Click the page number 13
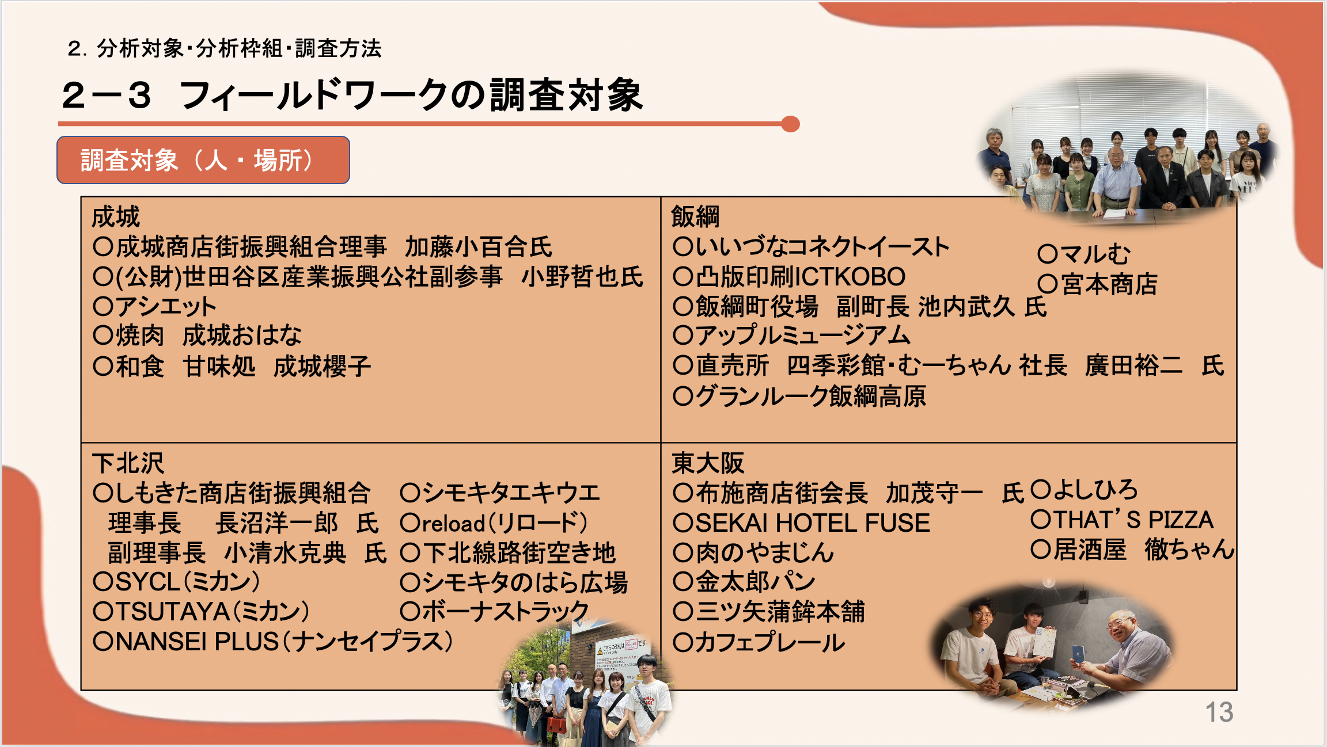point(1219,712)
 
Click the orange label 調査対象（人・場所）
point(203,160)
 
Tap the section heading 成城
point(116,217)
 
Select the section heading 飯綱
point(695,217)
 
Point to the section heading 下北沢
point(128,463)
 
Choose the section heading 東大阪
point(708,463)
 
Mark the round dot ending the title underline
point(790,124)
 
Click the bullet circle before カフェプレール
point(683,642)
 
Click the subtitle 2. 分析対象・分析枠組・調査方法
point(225,48)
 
